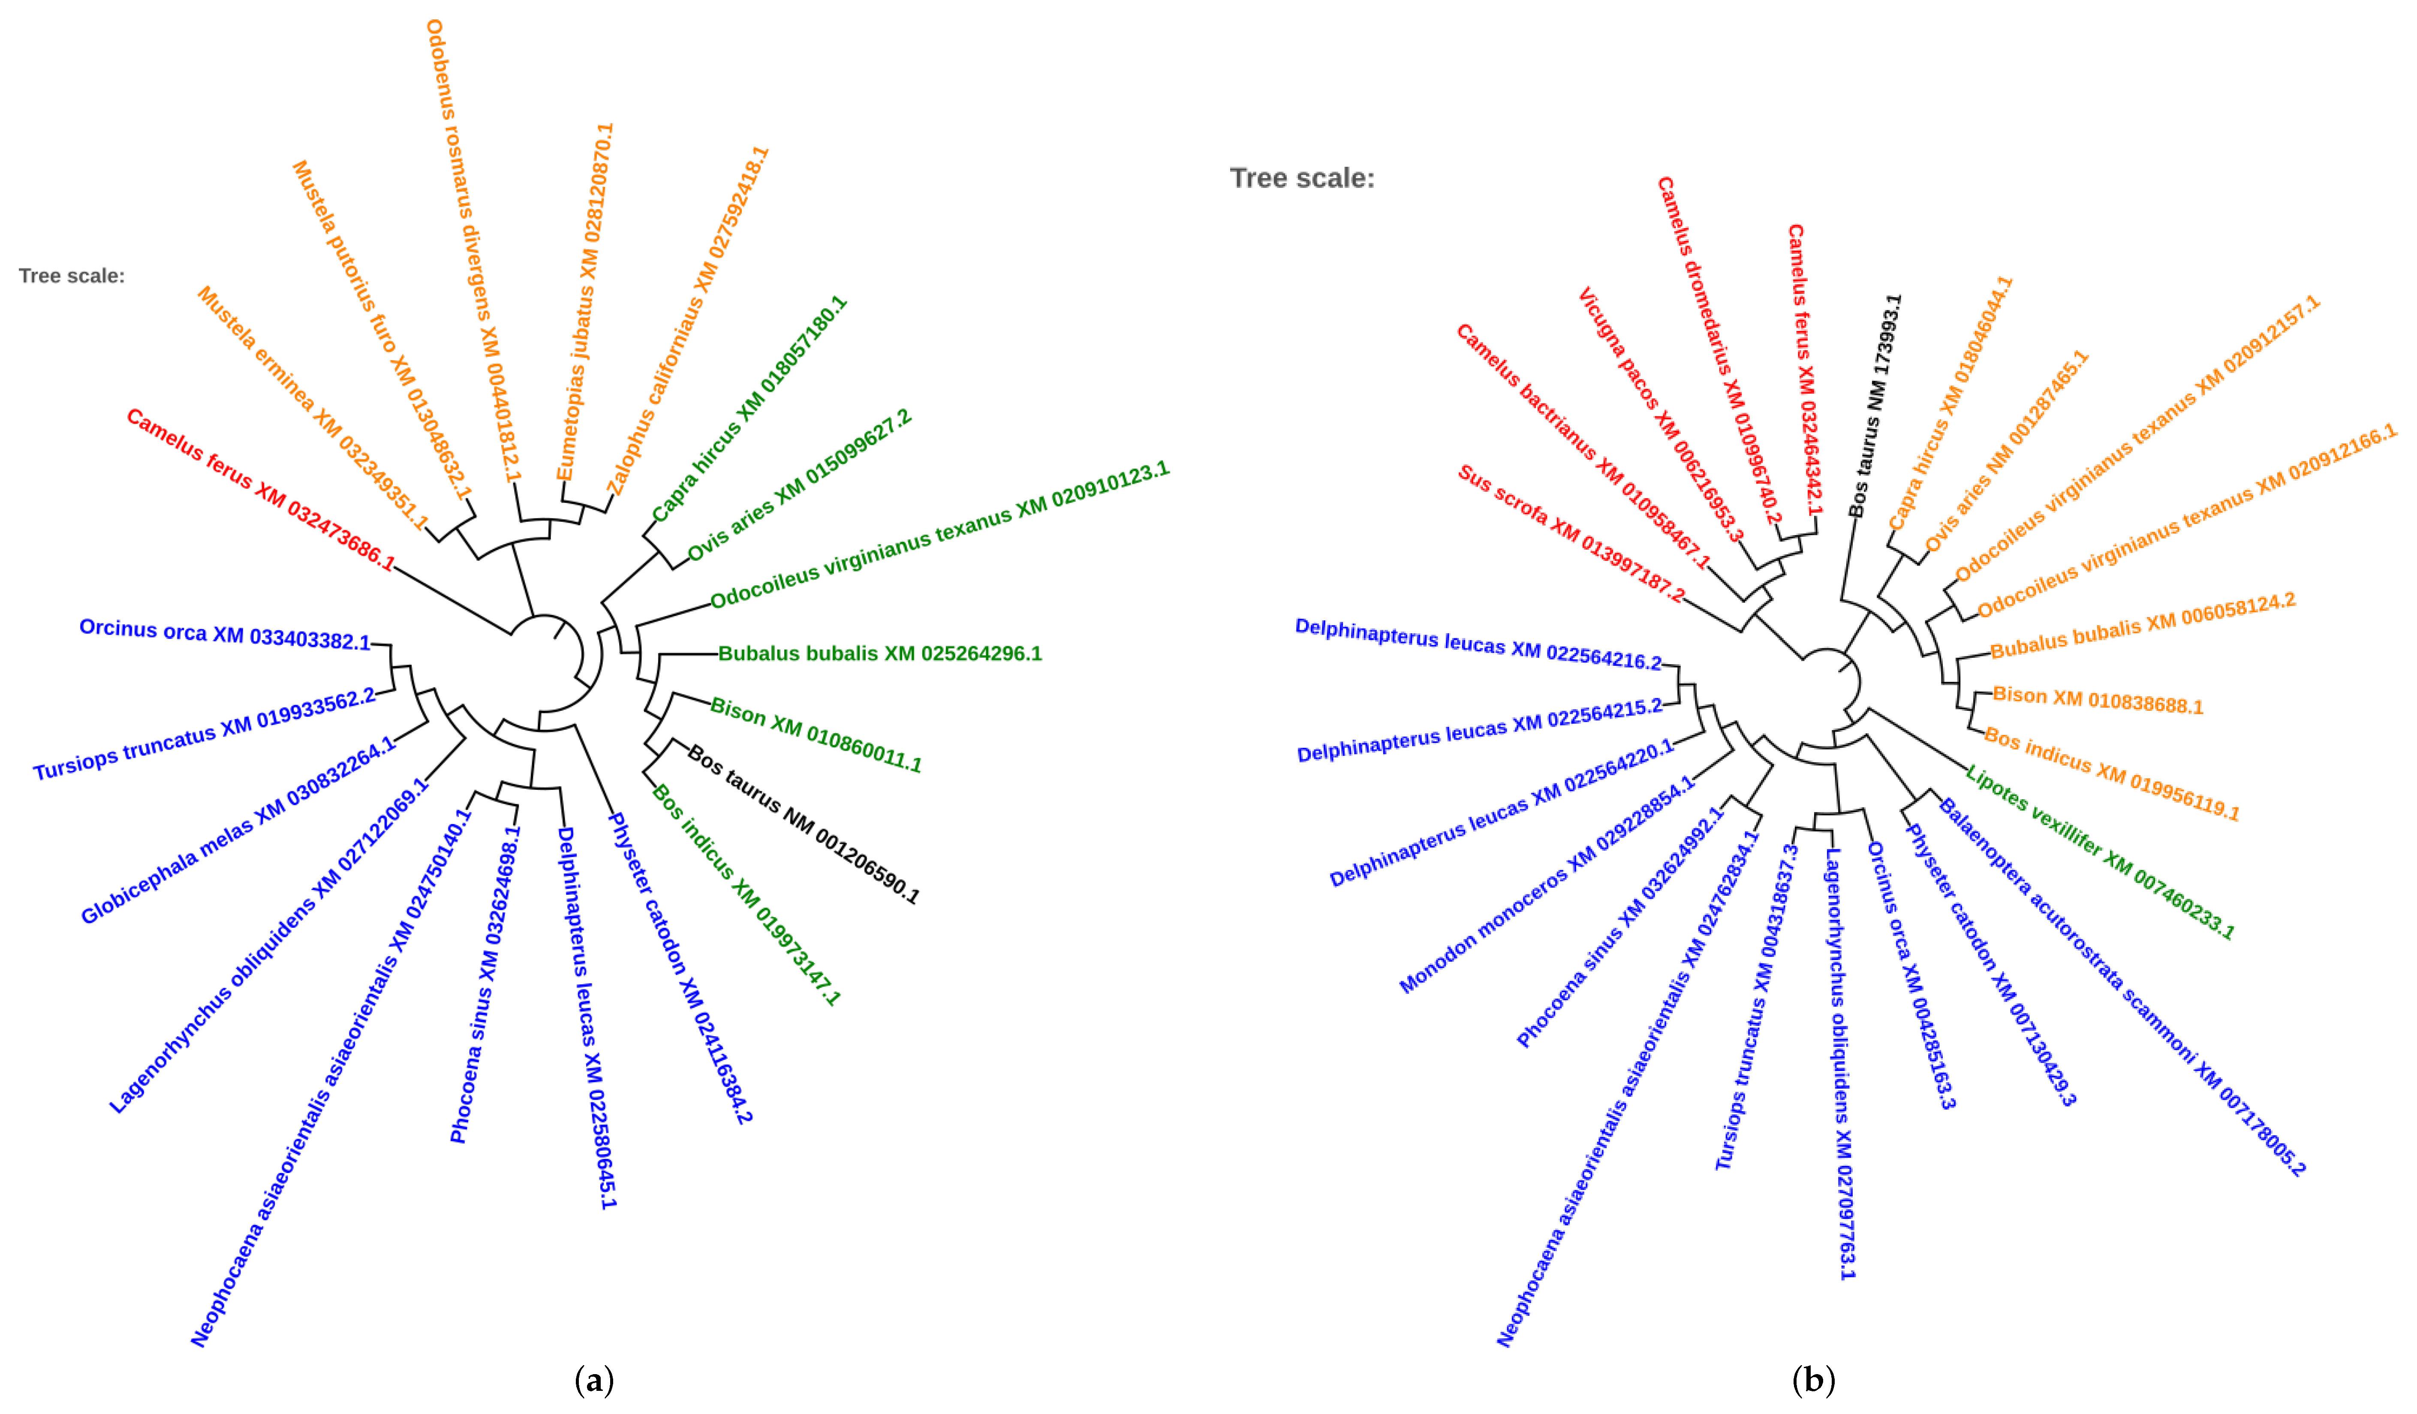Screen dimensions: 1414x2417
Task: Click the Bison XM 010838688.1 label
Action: [2098, 700]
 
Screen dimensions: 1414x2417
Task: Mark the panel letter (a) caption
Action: [594, 1381]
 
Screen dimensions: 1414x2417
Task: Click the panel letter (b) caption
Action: [1813, 1381]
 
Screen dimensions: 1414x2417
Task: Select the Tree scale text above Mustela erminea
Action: [72, 276]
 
